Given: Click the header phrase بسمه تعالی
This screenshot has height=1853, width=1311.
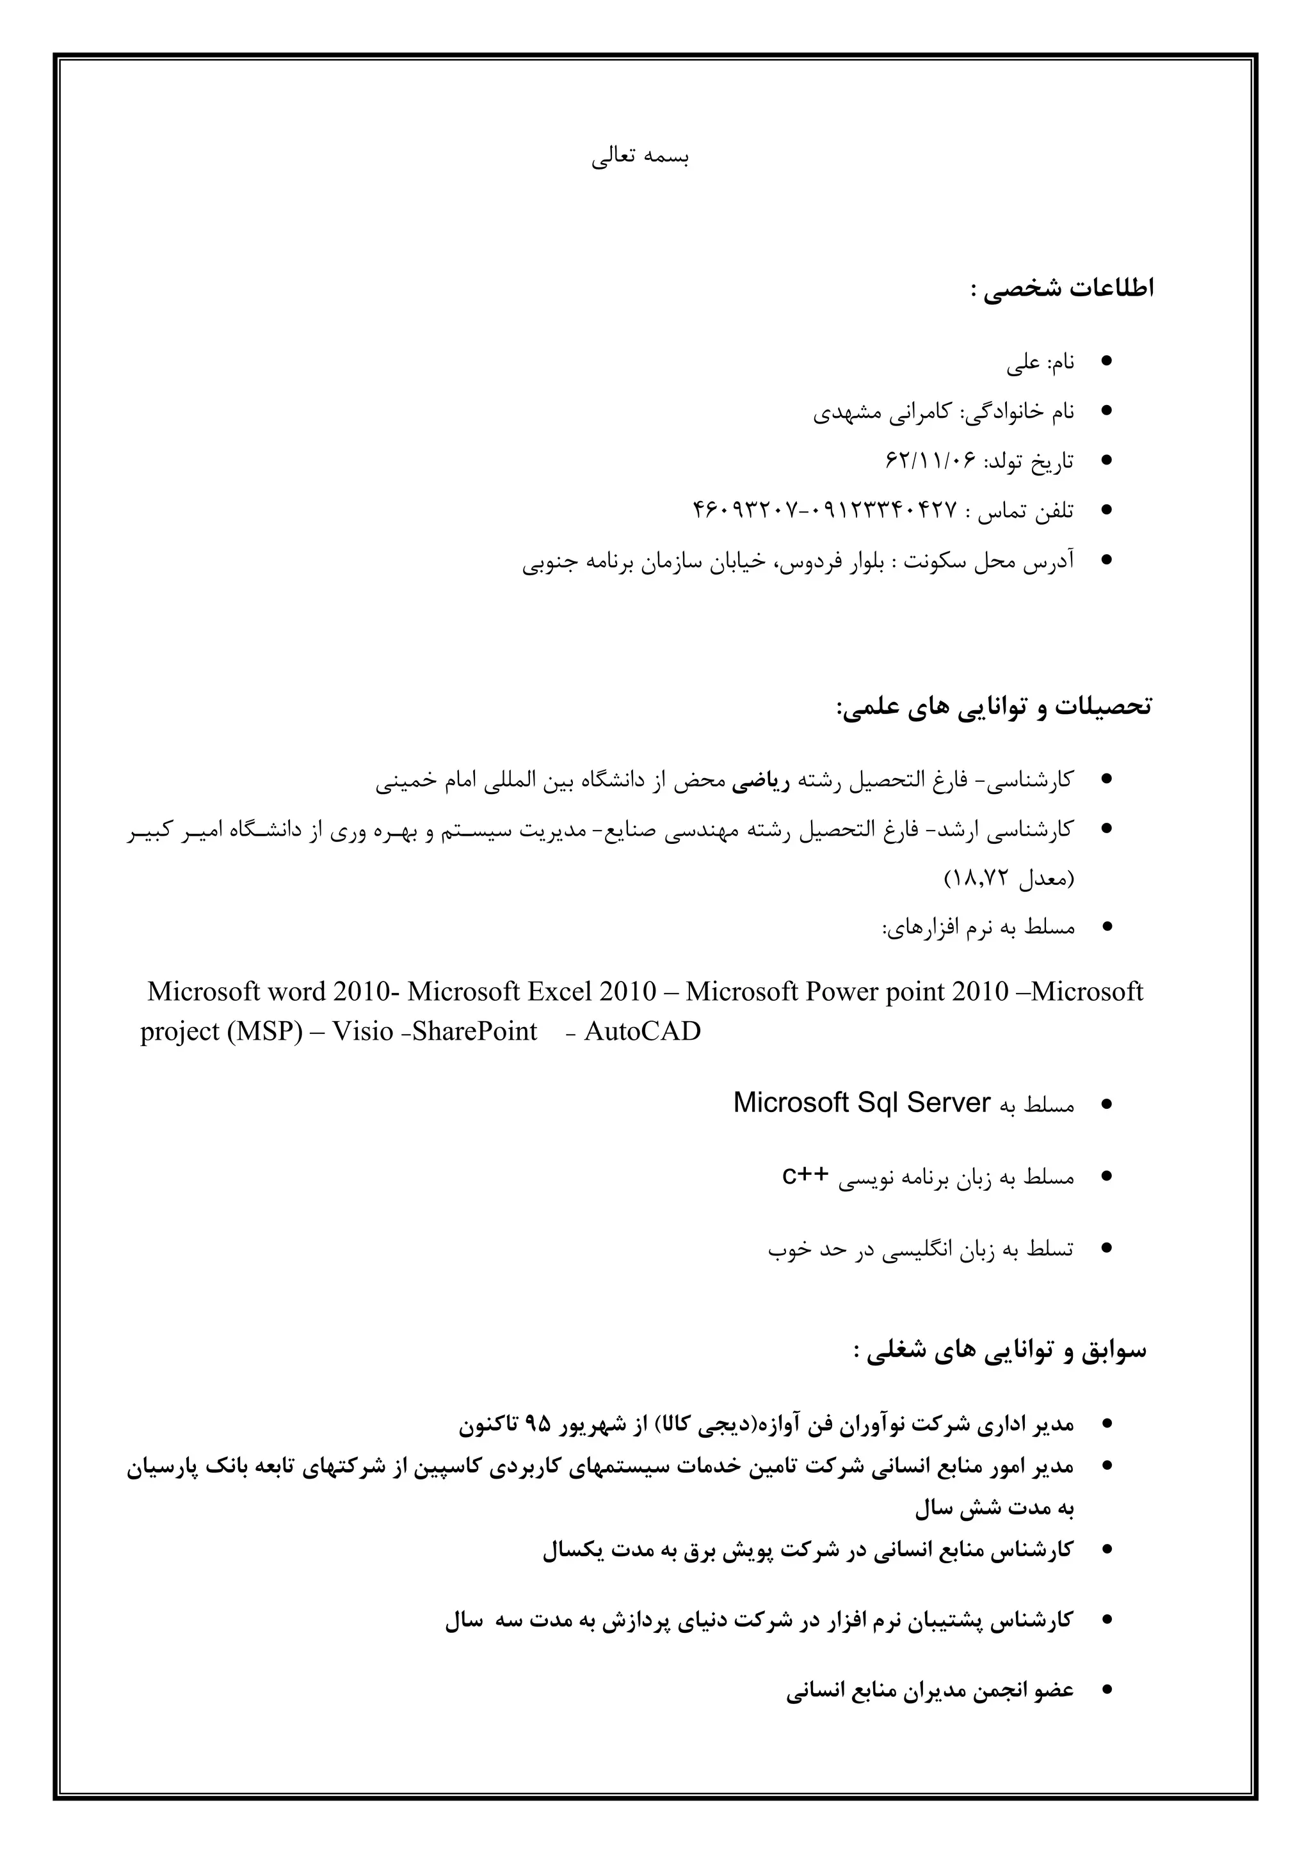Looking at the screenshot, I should [x=639, y=157].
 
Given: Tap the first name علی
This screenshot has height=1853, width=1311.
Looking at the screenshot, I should [x=1023, y=364].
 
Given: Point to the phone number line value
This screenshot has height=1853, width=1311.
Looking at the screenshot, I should [x=823, y=511].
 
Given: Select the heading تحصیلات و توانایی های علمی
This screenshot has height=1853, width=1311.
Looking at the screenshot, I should [x=995, y=707].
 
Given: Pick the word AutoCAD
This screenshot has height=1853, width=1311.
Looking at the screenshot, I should [x=642, y=1031].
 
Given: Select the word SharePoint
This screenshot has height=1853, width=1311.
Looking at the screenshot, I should [x=475, y=1031].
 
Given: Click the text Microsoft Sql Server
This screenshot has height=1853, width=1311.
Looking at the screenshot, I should [x=862, y=1102].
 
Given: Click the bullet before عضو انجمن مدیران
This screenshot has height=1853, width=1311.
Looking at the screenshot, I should [x=1107, y=1690].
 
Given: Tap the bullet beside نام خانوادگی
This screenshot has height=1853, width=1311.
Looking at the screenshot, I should [x=1107, y=411].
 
